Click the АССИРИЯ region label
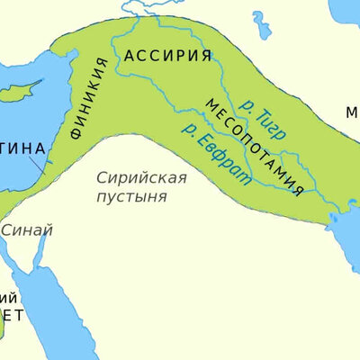click(168, 56)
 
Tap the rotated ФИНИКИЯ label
click(89, 99)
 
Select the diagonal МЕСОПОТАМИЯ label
click(255, 145)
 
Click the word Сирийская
click(141, 177)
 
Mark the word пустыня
click(131, 195)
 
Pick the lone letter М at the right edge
click(352, 113)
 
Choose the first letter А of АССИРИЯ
click(130, 56)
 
